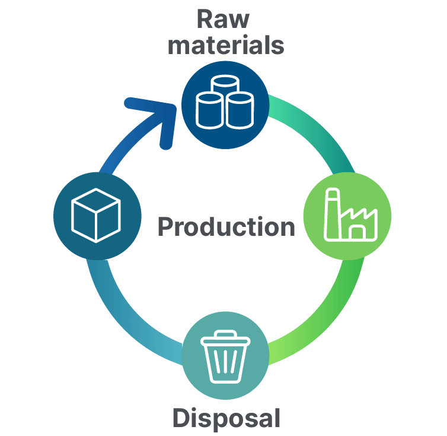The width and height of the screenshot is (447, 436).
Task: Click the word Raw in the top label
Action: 223,19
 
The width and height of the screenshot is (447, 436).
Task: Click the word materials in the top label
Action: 225,45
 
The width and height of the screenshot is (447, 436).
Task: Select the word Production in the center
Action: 226,227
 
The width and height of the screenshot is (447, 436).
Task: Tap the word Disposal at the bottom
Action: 226,418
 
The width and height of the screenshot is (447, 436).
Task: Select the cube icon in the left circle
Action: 96,214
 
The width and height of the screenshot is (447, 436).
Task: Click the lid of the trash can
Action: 225,341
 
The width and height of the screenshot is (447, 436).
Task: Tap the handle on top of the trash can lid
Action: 225,334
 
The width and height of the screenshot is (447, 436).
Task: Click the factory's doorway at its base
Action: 357,231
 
